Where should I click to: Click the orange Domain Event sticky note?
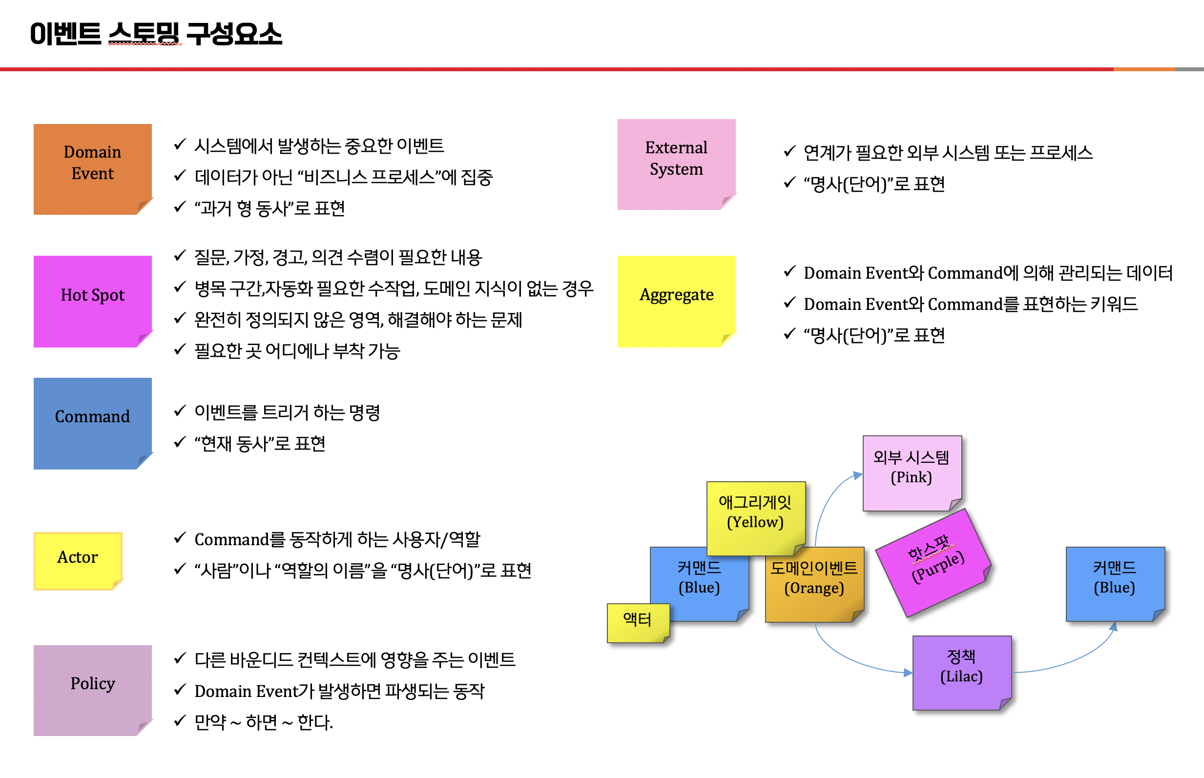93,169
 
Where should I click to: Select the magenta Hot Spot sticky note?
93,302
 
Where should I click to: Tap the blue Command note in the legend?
93,423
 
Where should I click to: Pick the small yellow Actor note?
78,561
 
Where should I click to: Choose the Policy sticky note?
93,690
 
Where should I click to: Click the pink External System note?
677,164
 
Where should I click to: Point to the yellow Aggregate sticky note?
677,302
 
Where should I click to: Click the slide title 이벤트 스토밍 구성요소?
156,34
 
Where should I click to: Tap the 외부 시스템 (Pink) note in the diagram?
912,473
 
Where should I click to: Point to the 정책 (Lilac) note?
962,673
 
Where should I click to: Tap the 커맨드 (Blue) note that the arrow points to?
1115,584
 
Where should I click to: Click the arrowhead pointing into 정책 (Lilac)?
908,673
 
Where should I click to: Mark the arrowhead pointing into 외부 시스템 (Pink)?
858,475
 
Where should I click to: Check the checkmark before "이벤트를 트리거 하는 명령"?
180,411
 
